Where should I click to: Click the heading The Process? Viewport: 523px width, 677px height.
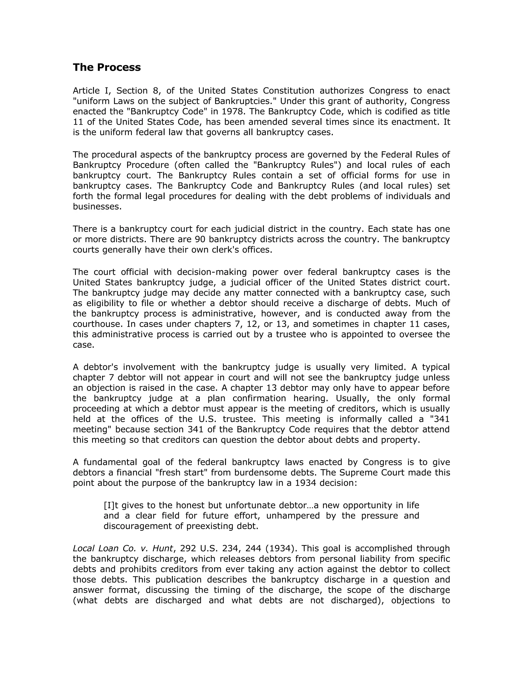[106, 67]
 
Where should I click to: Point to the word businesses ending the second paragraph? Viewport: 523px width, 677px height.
[97, 206]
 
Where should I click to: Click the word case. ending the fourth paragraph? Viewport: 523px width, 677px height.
[83, 345]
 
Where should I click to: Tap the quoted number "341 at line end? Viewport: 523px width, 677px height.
[438, 419]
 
